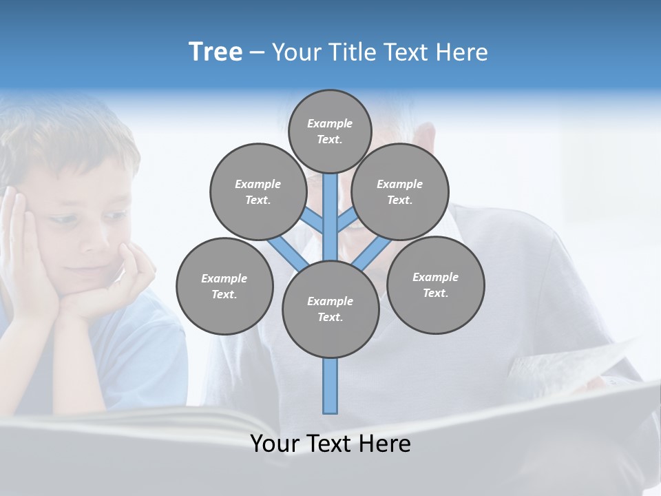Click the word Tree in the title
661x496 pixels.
click(x=216, y=52)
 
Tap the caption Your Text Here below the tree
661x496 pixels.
click(x=330, y=444)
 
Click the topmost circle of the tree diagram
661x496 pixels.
click(x=330, y=132)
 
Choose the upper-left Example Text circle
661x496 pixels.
click(x=258, y=192)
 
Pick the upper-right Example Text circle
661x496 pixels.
click(x=399, y=192)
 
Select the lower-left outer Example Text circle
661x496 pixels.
click(x=224, y=287)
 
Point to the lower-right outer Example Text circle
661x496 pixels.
click(x=435, y=285)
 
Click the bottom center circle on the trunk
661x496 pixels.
click(x=330, y=309)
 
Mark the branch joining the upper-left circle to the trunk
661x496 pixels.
click(x=313, y=223)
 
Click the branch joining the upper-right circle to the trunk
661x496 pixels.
click(x=347, y=222)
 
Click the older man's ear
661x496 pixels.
click(x=428, y=138)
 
